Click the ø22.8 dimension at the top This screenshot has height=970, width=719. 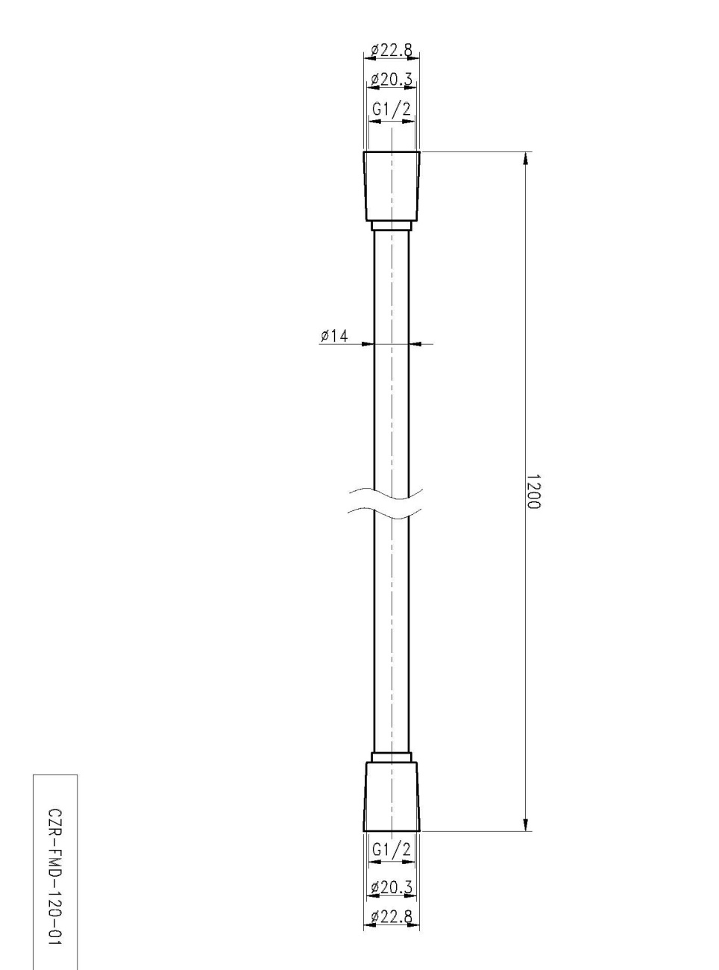click(392, 50)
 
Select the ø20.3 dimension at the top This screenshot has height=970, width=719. click(392, 79)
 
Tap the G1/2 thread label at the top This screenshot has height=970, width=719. click(392, 109)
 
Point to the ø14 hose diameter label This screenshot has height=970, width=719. click(334, 336)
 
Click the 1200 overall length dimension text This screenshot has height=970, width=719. click(533, 492)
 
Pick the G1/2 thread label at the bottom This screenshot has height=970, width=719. click(392, 849)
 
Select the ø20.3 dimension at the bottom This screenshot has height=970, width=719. click(392, 887)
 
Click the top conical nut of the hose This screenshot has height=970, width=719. click(392, 187)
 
